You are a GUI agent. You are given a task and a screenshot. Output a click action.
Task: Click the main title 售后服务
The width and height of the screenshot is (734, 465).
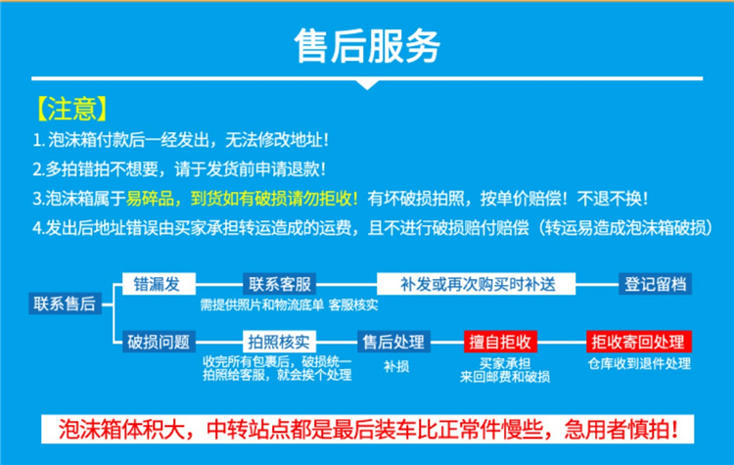(x=367, y=46)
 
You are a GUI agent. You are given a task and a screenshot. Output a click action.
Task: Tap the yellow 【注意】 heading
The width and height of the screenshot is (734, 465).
(x=71, y=109)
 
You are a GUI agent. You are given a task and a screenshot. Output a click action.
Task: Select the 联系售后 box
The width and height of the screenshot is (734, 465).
(x=65, y=303)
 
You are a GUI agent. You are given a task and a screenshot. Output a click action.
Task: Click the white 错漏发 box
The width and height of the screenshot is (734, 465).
(x=159, y=284)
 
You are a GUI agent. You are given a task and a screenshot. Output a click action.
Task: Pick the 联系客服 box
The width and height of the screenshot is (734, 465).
(x=280, y=284)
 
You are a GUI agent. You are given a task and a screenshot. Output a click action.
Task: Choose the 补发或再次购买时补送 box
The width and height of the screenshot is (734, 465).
(x=476, y=284)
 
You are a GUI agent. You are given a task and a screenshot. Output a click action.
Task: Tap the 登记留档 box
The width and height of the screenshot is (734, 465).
(x=655, y=284)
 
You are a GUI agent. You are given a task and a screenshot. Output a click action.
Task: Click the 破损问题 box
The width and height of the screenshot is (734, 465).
(x=159, y=342)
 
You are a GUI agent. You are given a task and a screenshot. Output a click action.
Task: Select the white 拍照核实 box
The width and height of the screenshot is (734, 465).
(x=280, y=342)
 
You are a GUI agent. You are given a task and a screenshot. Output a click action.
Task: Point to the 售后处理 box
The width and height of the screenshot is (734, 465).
(x=393, y=342)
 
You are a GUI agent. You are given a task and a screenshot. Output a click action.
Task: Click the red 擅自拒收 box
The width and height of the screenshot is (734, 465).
(x=500, y=342)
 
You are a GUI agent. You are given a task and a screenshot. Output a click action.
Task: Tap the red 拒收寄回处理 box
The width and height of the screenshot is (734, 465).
(x=638, y=342)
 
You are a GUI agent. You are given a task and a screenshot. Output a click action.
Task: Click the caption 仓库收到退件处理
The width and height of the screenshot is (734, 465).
(x=639, y=363)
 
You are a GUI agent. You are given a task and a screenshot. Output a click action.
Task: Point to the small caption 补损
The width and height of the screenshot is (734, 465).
(x=396, y=366)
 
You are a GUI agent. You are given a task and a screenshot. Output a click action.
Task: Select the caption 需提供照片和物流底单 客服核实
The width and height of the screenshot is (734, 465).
(x=289, y=304)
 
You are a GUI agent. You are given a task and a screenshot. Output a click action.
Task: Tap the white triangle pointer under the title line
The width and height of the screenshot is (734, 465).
(x=367, y=84)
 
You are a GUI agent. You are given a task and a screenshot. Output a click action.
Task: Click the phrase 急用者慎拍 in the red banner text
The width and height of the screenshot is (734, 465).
(x=620, y=429)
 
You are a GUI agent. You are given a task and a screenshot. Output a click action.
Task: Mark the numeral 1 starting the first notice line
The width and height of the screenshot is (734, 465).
(x=36, y=140)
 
